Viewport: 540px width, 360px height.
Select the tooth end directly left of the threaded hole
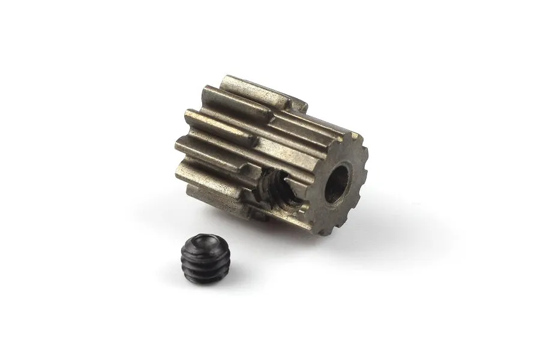click(x=252, y=174)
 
